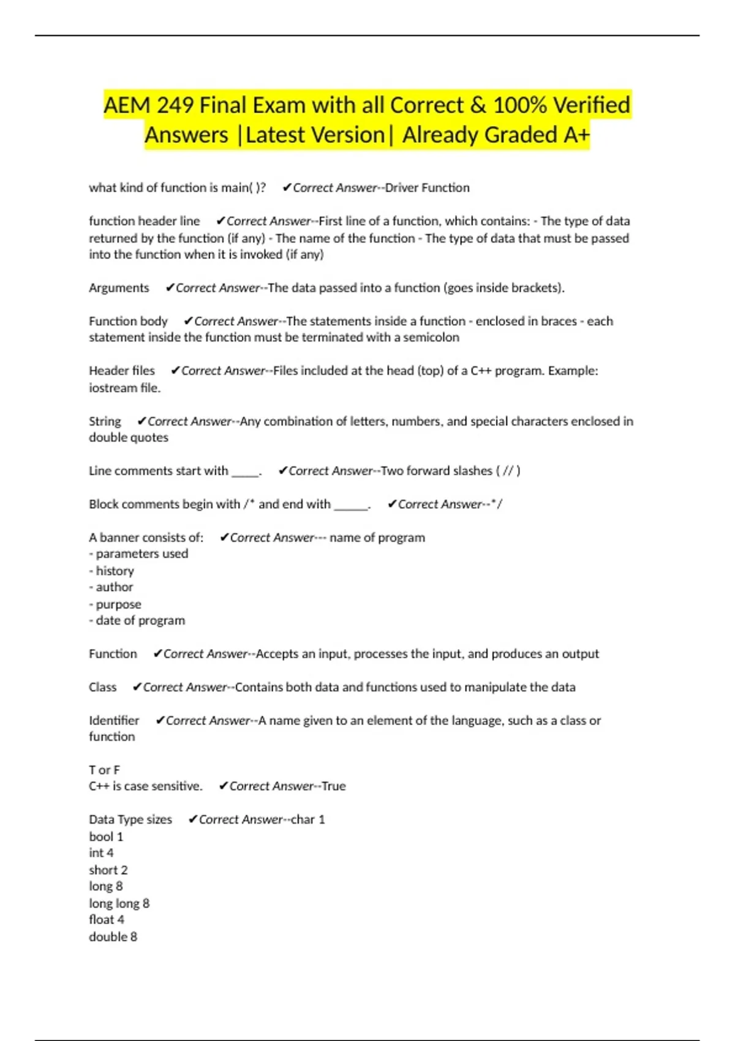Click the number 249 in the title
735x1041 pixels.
point(175,105)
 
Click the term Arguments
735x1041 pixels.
point(119,288)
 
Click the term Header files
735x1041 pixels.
point(122,371)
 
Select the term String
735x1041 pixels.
point(105,421)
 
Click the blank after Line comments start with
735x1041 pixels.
point(245,472)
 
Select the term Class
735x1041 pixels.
point(102,687)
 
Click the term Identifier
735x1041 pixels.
point(114,721)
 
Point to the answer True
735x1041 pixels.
point(334,786)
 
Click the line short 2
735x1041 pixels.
point(108,870)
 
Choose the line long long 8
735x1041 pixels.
point(119,903)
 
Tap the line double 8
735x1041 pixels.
point(113,937)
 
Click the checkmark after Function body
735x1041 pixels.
point(188,321)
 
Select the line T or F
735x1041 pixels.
point(104,770)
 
